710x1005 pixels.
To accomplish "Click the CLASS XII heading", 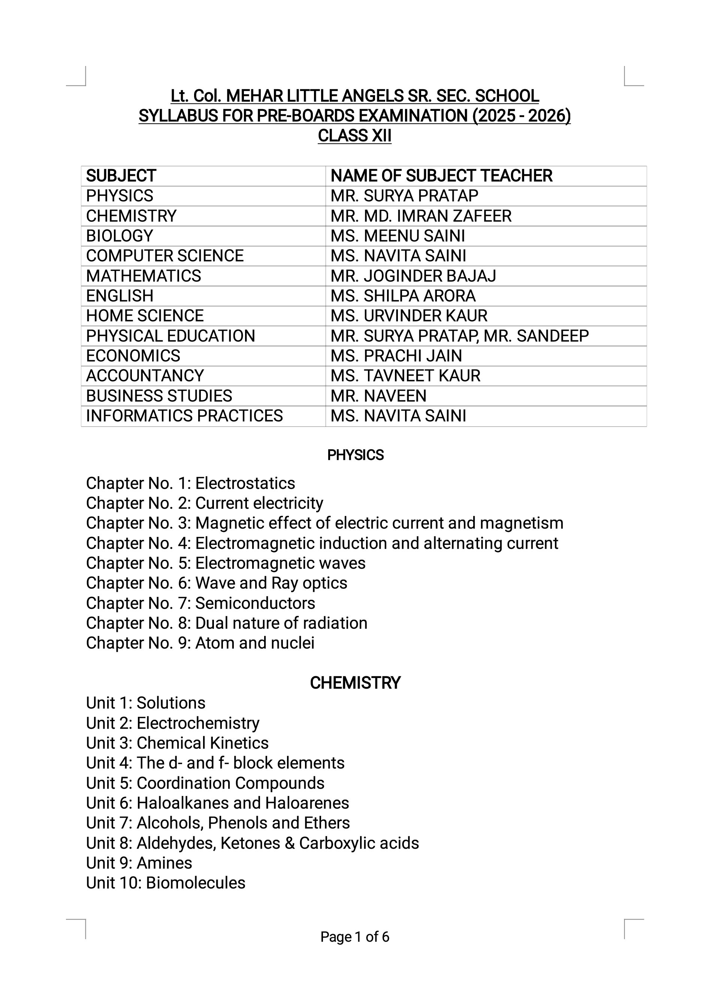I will pos(354,136).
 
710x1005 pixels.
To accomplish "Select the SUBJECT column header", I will pos(121,175).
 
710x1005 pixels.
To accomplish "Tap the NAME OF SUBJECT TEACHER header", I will pos(441,175).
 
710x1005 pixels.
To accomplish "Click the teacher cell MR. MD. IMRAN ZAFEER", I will pos(421,216).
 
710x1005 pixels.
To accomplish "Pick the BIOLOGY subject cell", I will pos(120,236).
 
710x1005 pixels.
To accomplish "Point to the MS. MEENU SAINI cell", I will pos(398,236).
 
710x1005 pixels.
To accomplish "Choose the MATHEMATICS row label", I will pos(143,276).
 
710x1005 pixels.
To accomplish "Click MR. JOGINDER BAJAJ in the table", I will pos(413,276).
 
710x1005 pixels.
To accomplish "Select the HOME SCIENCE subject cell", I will pos(145,316).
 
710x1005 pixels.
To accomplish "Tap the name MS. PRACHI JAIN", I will pos(396,355).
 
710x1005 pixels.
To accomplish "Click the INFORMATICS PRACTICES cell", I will pos(184,415).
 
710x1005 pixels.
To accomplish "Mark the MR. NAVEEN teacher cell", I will pos(378,396).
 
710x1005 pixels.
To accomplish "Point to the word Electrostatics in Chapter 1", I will pos(245,483).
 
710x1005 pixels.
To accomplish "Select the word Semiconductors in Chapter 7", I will pos(255,603).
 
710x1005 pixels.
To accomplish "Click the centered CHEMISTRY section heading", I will pos(355,683).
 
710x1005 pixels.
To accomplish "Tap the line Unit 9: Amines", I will pos(139,863).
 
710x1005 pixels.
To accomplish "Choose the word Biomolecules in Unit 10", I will pos(196,883).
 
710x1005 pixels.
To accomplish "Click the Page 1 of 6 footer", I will pos(354,937).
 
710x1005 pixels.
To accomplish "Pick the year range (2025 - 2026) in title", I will pos(522,115).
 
